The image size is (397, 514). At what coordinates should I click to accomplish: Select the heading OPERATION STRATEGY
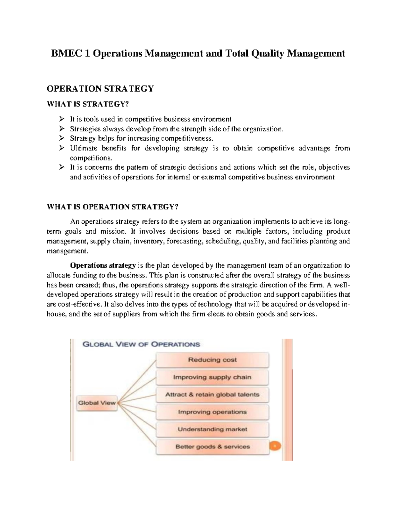click(x=100, y=89)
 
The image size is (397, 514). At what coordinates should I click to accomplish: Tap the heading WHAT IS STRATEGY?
click(x=87, y=104)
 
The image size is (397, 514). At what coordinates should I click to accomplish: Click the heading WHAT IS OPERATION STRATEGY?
click(x=112, y=207)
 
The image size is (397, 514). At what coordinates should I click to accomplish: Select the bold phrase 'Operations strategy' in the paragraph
click(x=103, y=265)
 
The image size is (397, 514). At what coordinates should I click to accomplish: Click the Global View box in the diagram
click(x=97, y=403)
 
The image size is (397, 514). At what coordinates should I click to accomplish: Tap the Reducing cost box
click(x=212, y=360)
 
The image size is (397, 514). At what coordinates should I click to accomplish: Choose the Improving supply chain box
click(x=212, y=377)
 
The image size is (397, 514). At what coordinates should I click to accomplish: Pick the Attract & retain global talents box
click(x=212, y=395)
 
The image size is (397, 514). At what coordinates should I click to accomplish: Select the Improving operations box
click(x=212, y=412)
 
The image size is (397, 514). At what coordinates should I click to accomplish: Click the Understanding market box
click(x=212, y=429)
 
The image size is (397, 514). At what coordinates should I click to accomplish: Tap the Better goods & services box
click(x=212, y=447)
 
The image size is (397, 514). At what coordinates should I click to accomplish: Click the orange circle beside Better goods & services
click(x=275, y=446)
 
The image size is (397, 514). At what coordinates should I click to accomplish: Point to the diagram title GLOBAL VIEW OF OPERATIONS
click(x=141, y=344)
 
